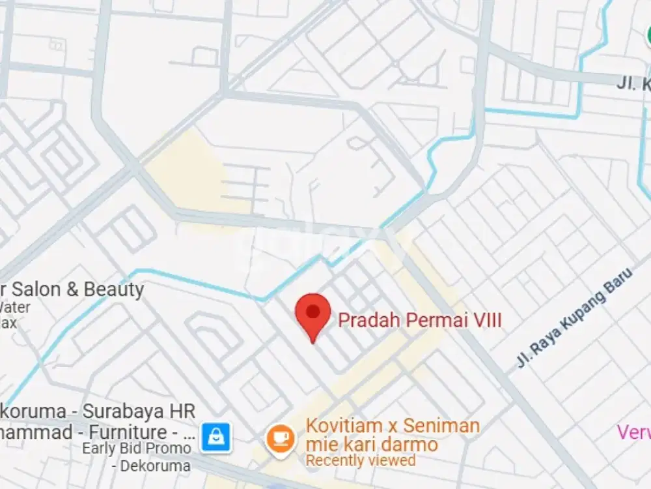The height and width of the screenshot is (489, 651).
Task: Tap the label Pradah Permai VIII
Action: [x=419, y=321]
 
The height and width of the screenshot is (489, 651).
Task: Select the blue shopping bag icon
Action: [x=215, y=437]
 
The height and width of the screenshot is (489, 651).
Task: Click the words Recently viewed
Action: [x=361, y=460]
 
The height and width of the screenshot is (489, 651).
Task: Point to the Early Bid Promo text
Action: [x=137, y=448]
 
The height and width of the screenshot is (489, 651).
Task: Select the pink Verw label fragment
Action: [x=633, y=432]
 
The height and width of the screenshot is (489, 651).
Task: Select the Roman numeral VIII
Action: [x=487, y=321]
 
